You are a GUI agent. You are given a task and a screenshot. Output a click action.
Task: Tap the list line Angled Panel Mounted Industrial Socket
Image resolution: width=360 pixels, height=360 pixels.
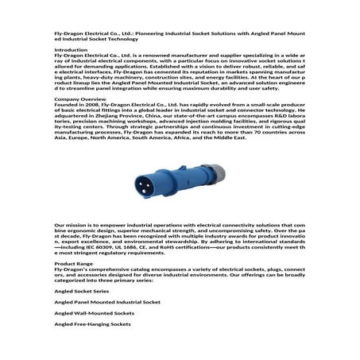[x=107, y=302]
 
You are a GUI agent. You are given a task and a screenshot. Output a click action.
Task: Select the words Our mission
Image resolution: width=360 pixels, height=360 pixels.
[x=69, y=226]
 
